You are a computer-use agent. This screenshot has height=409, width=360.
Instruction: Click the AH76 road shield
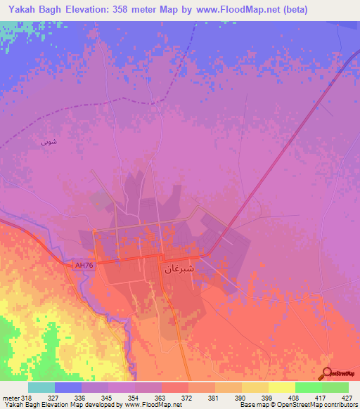(84, 265)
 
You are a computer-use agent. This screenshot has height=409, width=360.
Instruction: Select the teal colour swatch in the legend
(41, 387)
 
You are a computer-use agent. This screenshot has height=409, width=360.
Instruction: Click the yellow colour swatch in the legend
(281, 387)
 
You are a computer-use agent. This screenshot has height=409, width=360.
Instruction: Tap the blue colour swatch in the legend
(67, 387)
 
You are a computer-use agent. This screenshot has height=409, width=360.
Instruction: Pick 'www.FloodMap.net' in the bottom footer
(151, 405)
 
